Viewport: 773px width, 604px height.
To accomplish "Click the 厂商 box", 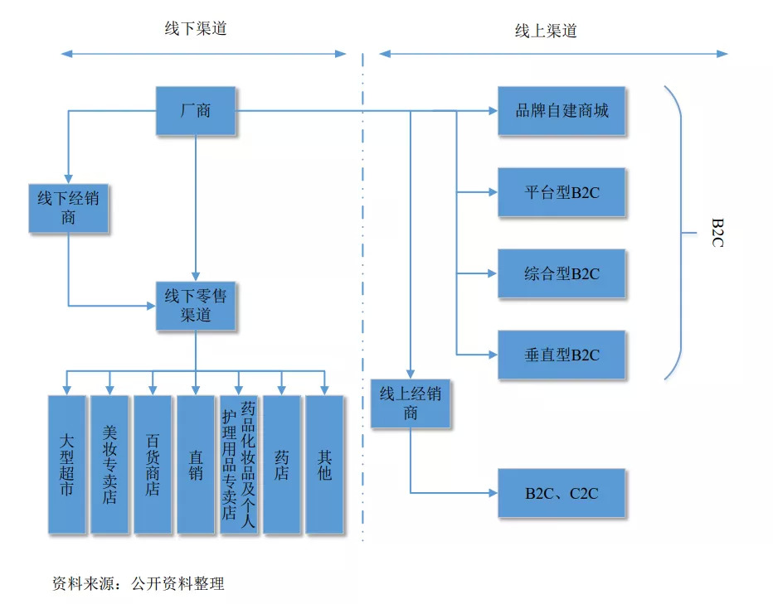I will coord(196,111).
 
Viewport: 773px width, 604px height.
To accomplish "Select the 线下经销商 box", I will coord(68,208).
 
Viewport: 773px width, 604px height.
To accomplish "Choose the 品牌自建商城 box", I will coord(562,111).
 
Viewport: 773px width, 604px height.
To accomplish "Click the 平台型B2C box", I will coord(562,192).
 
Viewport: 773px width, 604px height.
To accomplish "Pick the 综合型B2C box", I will coord(562,273).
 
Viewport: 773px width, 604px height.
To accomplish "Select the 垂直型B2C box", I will coord(562,355).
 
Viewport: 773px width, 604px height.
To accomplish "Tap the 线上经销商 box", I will coord(411,403).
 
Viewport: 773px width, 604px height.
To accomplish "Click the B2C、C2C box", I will coord(562,493).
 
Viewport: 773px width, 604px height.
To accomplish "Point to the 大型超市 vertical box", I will coord(67,464).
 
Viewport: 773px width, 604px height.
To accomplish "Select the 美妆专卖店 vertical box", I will coord(110,464).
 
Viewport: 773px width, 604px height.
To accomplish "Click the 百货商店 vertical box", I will coord(153,464).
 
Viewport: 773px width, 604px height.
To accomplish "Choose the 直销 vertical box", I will coord(196,464).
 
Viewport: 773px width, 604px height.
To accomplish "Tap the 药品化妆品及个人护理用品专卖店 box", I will coord(239,464).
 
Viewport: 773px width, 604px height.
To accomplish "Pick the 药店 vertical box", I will coord(282,464).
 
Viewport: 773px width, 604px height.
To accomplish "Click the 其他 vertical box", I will coord(324,464).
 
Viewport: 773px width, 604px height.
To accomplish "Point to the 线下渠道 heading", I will coord(196,29).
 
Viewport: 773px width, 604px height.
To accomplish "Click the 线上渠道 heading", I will coord(546,31).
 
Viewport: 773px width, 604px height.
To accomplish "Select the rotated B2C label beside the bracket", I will coord(717,233).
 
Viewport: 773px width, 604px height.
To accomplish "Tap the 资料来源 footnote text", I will coord(138,584).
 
